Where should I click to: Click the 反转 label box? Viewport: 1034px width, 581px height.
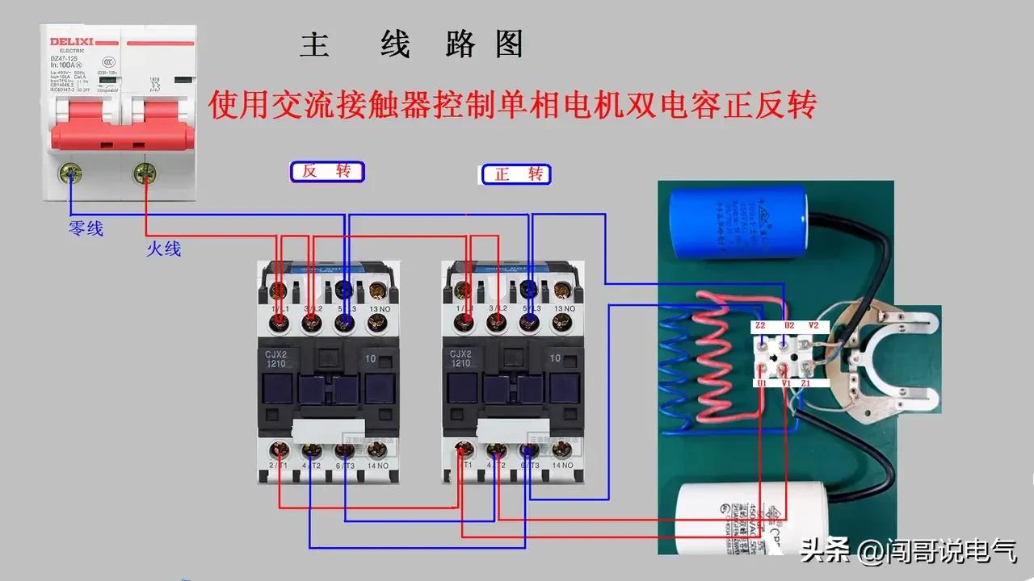click(327, 171)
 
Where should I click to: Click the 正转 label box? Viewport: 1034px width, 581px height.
click(516, 173)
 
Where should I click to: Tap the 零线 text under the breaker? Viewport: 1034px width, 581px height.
click(86, 229)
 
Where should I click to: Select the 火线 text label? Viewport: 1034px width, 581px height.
click(163, 249)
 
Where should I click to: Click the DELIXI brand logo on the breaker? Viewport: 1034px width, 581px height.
click(73, 41)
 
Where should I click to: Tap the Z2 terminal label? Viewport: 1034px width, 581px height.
click(760, 326)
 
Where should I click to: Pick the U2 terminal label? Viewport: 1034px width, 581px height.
click(788, 326)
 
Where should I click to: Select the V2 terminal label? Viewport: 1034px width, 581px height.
click(813, 326)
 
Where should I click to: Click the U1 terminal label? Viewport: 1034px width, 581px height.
click(761, 383)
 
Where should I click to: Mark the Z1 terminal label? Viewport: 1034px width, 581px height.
click(806, 383)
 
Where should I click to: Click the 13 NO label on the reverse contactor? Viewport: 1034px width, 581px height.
click(376, 308)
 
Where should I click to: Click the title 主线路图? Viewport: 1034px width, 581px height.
click(412, 45)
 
